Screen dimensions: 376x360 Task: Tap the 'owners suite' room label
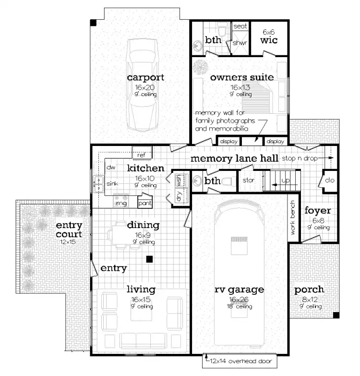coord(242,77)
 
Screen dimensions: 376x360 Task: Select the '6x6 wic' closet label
coord(269,37)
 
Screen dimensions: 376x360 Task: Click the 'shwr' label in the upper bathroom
coord(240,43)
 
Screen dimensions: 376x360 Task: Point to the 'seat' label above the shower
coord(240,27)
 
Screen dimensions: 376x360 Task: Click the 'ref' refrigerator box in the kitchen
coord(142,155)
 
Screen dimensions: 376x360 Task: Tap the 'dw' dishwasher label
coord(111,167)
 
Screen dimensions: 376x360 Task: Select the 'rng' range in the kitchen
coord(120,203)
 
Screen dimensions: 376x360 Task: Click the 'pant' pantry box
coord(145,203)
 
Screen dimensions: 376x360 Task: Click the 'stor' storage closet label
coord(248,181)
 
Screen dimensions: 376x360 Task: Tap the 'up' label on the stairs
coord(286,181)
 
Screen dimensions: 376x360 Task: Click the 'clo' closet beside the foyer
coord(329,181)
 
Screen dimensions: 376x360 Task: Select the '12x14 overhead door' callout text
coord(240,362)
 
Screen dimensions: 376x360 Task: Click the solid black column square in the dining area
coord(150,259)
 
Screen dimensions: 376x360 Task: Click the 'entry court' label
coord(69,230)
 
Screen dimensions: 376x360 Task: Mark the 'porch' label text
coord(309,290)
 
